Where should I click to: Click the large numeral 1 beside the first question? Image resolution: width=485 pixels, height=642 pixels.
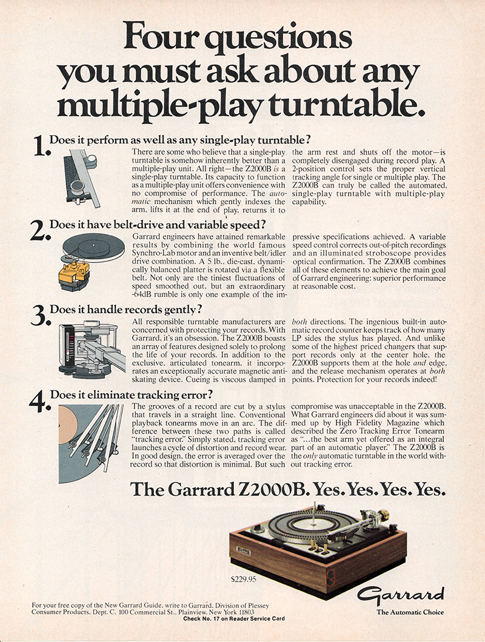41,146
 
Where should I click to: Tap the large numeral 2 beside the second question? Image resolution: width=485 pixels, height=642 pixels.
41,230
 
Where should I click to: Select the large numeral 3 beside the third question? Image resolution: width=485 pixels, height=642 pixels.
41,315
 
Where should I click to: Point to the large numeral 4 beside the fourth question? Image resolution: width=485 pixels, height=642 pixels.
41,401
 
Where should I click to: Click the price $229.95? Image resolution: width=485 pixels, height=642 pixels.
244,578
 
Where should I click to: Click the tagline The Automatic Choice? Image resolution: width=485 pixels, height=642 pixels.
410,612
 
